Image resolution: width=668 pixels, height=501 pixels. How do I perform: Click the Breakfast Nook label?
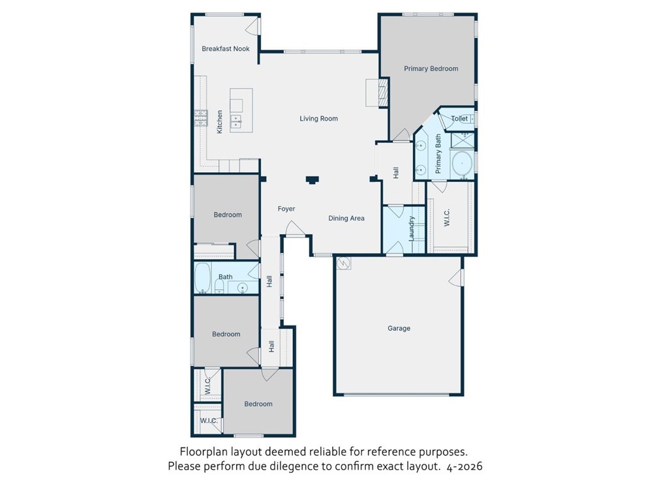[x=225, y=49]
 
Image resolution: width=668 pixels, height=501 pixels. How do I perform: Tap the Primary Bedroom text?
[x=431, y=68]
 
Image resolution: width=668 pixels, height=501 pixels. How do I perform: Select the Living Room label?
[x=318, y=119]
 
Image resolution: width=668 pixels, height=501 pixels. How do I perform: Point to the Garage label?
[x=399, y=329]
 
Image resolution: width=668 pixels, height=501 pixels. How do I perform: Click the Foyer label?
[x=286, y=209]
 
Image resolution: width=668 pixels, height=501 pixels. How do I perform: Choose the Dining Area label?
[x=346, y=219]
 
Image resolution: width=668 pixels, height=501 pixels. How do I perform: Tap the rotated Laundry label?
[x=412, y=229]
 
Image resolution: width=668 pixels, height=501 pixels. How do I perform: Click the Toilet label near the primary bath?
[x=459, y=119]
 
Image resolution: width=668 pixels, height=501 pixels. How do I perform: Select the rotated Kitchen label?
[x=220, y=122]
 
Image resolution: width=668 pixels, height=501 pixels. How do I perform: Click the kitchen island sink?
[x=235, y=121]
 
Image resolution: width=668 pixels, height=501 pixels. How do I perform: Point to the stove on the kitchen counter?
[x=200, y=117]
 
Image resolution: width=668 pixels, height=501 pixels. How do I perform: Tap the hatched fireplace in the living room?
[x=384, y=93]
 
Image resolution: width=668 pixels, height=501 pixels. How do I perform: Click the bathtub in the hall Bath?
[x=203, y=279]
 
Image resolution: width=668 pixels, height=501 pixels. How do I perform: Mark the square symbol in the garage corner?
[x=344, y=264]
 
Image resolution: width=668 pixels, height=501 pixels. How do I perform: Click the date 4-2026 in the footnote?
[x=464, y=466]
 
